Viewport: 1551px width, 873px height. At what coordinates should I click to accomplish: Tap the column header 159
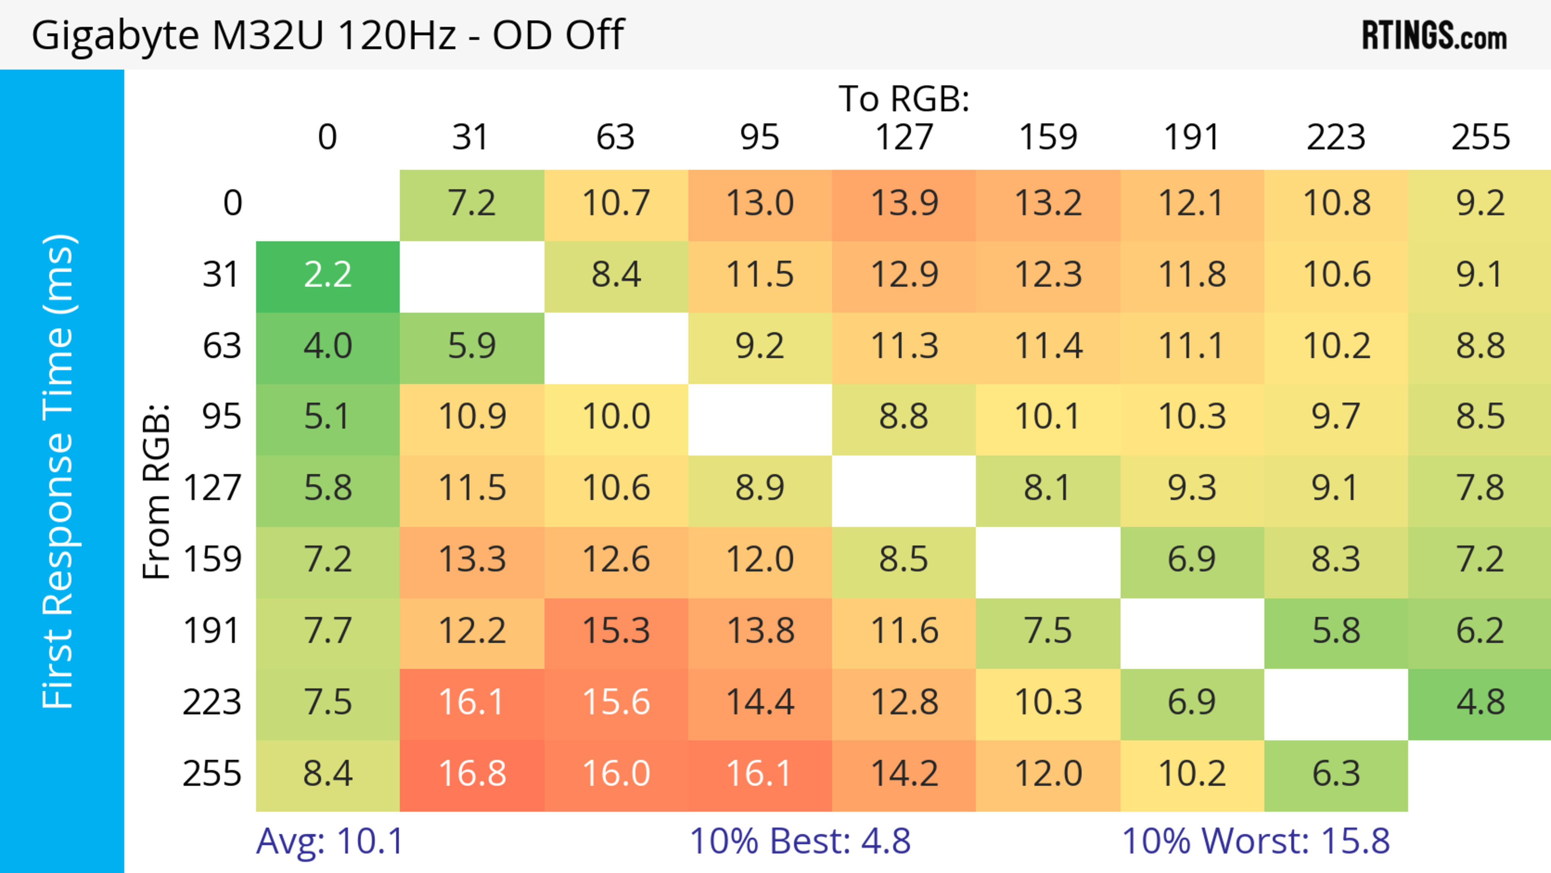pyautogui.click(x=1048, y=138)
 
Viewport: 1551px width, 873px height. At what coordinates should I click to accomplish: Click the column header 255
pyautogui.click(x=1480, y=138)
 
